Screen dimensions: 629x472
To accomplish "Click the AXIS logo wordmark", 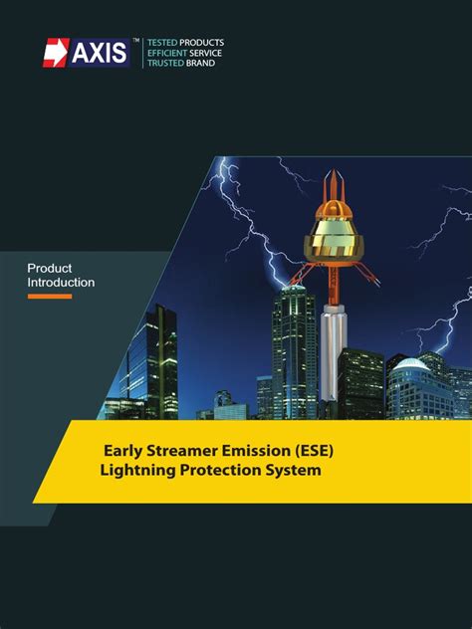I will coord(100,53).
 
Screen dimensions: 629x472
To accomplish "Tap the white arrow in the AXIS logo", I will coord(56,53).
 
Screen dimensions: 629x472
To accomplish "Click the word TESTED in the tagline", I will coord(162,43).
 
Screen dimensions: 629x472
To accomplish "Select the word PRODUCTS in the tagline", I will coord(202,43).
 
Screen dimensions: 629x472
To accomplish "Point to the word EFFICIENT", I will coord(167,53).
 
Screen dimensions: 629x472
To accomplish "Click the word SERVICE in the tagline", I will coord(207,53).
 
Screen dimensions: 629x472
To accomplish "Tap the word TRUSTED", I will coord(165,63).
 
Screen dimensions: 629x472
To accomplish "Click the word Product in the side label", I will coord(49,268).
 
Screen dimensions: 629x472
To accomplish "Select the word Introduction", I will coord(61,283).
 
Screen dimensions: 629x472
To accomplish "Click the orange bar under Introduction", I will coord(49,296).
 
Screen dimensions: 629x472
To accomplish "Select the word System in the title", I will coord(295,470).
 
